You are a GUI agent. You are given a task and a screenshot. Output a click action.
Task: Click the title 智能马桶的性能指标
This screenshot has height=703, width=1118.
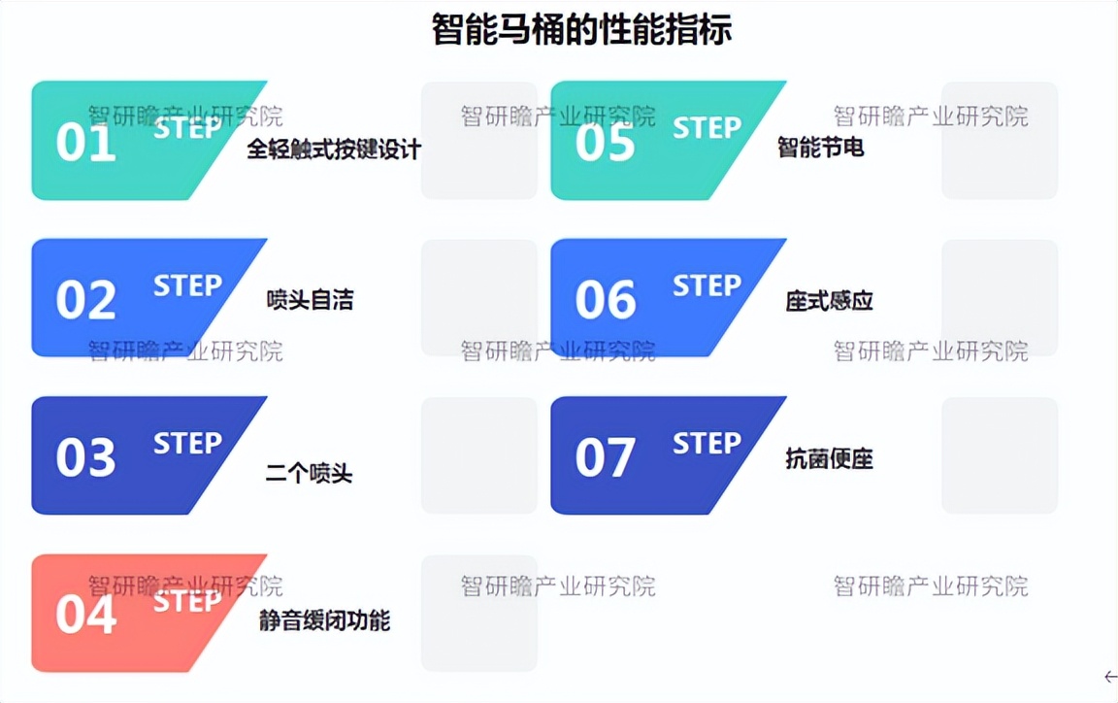581,30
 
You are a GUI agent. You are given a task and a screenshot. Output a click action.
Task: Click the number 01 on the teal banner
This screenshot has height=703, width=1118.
85,143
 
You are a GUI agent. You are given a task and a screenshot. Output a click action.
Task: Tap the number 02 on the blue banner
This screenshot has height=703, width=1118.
85,300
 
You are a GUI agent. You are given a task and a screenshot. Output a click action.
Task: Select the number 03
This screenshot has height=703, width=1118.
85,457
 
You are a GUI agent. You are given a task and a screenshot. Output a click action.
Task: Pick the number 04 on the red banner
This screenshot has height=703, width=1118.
85,616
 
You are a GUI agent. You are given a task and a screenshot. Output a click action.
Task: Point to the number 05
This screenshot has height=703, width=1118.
605,143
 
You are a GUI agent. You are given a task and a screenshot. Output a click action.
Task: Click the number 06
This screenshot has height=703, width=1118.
605,300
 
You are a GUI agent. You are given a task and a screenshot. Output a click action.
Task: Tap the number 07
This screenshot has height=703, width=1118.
605,457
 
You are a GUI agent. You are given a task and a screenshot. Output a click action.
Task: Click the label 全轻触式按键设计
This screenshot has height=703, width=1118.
334,150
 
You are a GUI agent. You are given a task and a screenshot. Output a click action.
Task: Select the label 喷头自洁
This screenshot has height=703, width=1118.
310,300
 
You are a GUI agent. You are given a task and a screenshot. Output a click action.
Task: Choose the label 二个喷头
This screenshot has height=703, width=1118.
309,475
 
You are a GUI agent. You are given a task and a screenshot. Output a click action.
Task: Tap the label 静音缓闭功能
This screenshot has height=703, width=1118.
324,620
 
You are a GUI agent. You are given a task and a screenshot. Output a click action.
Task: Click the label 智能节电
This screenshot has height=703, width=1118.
820,148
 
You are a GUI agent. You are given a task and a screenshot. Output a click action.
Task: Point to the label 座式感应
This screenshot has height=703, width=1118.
829,301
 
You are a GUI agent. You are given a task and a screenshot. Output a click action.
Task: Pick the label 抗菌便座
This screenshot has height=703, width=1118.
829,458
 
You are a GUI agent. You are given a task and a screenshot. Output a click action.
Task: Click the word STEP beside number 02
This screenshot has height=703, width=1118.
187,285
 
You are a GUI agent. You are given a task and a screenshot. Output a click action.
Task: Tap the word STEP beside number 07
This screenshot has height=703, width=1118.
707,444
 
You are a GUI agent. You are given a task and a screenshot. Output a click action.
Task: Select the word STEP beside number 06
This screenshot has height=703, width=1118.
707,285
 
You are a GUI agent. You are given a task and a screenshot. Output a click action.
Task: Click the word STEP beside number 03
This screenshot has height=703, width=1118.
187,444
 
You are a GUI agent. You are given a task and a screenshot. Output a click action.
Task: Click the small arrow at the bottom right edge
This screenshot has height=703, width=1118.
1111,677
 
